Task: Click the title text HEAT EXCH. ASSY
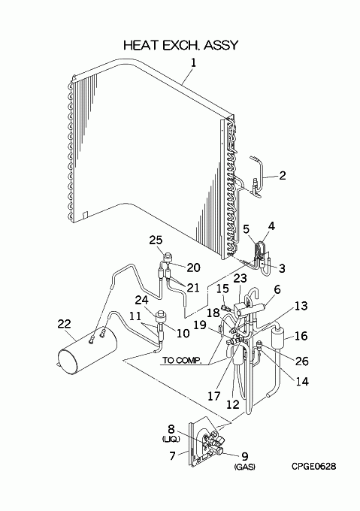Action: pyautogui.click(x=181, y=45)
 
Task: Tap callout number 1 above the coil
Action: pyautogui.click(x=193, y=62)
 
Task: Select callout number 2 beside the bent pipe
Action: pyautogui.click(x=282, y=175)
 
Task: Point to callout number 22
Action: pyautogui.click(x=64, y=324)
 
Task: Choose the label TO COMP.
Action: pyautogui.click(x=182, y=361)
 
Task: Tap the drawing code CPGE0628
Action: pyautogui.click(x=313, y=467)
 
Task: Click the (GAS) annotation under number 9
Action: pyautogui.click(x=245, y=467)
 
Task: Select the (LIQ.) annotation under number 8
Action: pyautogui.click(x=171, y=439)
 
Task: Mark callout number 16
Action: pyautogui.click(x=301, y=336)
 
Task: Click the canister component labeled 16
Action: pyautogui.click(x=278, y=340)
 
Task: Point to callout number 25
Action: pyautogui.click(x=156, y=240)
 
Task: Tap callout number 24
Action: pyautogui.click(x=142, y=300)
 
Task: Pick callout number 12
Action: pyautogui.click(x=233, y=404)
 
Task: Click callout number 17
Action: pyautogui.click(x=214, y=396)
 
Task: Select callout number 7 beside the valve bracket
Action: pyautogui.click(x=173, y=455)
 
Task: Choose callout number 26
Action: pyautogui.click(x=301, y=361)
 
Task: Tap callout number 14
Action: pyautogui.click(x=301, y=381)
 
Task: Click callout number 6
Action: pyautogui.click(x=277, y=289)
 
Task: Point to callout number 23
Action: pyautogui.click(x=241, y=278)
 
